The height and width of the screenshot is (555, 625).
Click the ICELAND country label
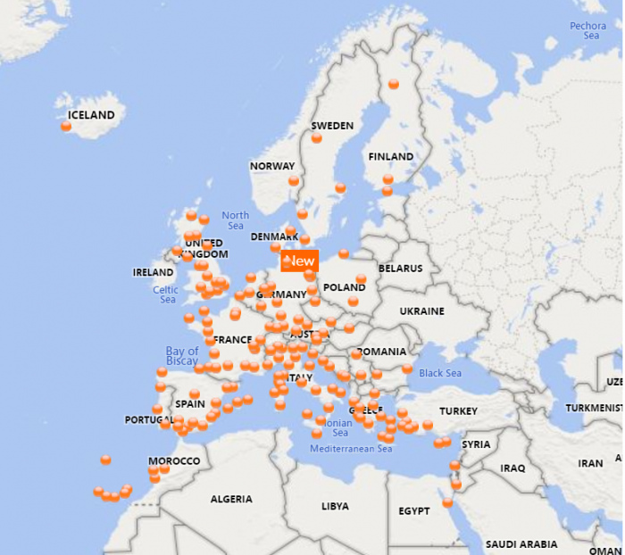[91, 115]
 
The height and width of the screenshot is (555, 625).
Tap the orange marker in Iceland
[66, 127]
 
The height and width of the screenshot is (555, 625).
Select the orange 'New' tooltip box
[300, 261]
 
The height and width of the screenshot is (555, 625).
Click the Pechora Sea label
[587, 30]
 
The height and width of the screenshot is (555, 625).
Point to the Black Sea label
[440, 373]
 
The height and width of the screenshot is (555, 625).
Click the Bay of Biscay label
[182, 356]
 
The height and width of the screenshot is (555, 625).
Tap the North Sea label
[235, 220]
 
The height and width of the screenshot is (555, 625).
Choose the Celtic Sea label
[166, 294]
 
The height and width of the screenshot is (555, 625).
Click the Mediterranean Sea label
[351, 449]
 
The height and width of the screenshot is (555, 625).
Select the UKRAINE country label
[421, 311]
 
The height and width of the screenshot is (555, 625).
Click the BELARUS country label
[399, 268]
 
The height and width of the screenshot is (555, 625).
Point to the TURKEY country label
[459, 410]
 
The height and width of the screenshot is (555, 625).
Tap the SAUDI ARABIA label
[521, 543]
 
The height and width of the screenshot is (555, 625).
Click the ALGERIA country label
[231, 499]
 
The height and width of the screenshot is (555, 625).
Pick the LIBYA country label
[335, 506]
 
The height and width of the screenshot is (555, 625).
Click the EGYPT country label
[414, 511]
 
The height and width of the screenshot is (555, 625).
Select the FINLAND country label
[390, 156]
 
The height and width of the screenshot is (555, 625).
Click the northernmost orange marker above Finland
[394, 84]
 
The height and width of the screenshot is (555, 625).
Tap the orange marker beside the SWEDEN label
[317, 138]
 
